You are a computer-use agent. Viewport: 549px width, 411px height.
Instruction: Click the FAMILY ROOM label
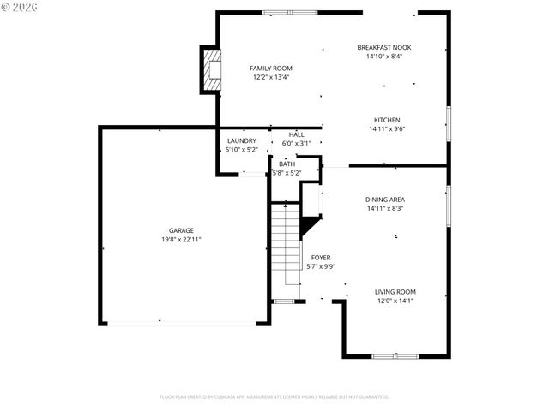tap(271, 68)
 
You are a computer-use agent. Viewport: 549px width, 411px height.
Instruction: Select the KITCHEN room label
tap(386, 120)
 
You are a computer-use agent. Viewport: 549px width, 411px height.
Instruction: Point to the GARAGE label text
tap(180, 230)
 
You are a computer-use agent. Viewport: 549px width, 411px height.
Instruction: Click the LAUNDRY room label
tap(241, 140)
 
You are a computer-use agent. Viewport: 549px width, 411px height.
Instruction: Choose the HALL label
tap(296, 134)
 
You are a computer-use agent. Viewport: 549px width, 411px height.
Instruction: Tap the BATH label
tap(287, 164)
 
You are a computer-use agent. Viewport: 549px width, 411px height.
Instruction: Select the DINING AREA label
tap(385, 199)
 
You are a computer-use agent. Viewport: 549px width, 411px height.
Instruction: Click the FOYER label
tap(320, 257)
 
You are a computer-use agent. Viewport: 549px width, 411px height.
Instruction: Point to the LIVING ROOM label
tap(396, 291)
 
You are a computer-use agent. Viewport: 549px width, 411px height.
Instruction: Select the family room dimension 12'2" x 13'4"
tap(271, 77)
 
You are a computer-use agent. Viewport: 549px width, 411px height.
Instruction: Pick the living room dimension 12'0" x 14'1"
tap(396, 301)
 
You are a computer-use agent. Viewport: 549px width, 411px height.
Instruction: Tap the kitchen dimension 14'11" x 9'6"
tap(386, 129)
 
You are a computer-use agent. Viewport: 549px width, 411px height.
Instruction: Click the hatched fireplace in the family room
tap(210, 68)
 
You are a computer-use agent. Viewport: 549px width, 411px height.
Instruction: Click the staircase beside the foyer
tap(285, 244)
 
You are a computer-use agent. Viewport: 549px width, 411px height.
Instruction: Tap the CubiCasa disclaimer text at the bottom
tap(274, 396)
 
